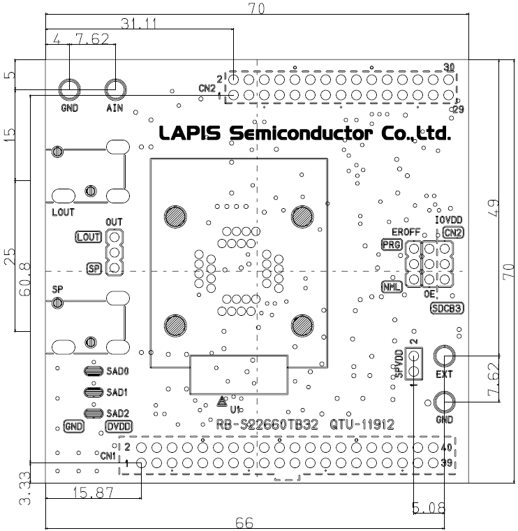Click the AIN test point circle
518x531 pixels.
click(x=115, y=89)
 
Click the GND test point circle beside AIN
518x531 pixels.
click(x=69, y=89)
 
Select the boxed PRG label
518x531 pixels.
click(x=390, y=244)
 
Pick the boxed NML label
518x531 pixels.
click(x=390, y=286)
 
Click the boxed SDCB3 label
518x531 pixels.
click(x=447, y=308)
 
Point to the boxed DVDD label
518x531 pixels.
click(x=119, y=426)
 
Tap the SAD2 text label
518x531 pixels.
click(x=118, y=412)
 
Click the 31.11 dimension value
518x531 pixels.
click(x=138, y=24)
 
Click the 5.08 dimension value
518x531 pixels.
click(x=429, y=507)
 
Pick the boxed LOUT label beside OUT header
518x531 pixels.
click(x=89, y=237)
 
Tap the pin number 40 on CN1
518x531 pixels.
click(x=447, y=447)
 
